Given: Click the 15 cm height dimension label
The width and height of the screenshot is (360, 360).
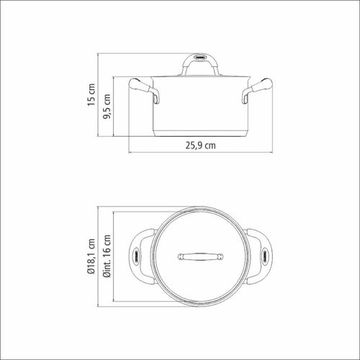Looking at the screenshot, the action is tap(91, 94).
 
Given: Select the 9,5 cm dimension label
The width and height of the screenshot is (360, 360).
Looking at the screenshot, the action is tap(107, 107).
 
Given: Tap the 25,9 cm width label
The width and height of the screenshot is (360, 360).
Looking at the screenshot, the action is tap(201, 145).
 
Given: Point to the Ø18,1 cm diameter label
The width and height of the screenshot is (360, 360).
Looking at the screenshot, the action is tap(91, 256).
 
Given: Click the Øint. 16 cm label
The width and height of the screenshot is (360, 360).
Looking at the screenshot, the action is tap(107, 256).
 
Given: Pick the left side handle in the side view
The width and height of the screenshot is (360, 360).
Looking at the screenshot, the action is tap(143, 89).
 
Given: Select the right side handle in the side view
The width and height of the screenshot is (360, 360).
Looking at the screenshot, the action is tap(257, 89).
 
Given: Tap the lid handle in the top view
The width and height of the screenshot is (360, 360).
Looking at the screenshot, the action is tap(201, 256).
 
